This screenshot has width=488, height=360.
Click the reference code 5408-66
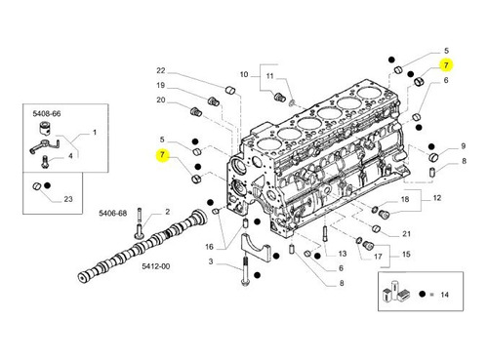pos(47,113)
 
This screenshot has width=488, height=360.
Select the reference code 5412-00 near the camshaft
pos(156,266)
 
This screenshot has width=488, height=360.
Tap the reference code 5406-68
pos(113,214)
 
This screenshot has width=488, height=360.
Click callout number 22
pos(161,70)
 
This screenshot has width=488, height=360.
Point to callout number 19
pos(161,85)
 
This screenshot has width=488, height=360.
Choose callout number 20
pos(161,100)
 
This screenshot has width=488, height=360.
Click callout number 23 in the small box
pos(68,199)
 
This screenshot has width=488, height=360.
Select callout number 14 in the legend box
pos(444,295)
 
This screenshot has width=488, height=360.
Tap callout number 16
pos(209,247)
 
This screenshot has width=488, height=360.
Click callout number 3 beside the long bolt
pos(211,261)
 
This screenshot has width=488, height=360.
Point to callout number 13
pos(343,254)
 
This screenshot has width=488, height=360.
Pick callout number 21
pos(406,233)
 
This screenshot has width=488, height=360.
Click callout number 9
pos(464,146)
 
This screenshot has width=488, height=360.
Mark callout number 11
pos(269,76)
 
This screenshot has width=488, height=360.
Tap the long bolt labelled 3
pos(245,270)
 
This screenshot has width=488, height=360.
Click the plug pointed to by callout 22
pos(230,90)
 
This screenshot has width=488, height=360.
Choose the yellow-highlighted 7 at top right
pos(446,65)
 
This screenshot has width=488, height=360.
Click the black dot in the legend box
pos(422,295)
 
